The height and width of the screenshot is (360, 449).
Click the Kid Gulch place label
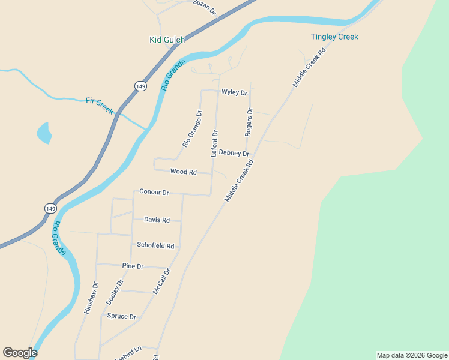[167, 40]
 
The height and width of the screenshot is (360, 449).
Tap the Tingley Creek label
[334, 37]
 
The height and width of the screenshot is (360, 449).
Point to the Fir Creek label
[100, 106]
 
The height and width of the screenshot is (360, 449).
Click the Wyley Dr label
[234, 92]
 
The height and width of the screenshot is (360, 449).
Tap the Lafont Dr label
[214, 143]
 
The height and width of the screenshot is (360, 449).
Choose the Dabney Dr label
[234, 153]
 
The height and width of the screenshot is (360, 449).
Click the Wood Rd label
[184, 172]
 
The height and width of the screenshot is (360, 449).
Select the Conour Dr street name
[154, 192]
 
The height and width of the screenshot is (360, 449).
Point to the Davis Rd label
[157, 220]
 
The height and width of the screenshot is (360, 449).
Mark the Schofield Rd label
[155, 245]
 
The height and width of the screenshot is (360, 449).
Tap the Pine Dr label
[133, 266]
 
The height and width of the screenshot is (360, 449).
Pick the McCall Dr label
[161, 280]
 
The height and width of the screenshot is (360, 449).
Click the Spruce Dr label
[121, 316]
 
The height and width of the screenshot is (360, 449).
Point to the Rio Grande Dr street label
[193, 128]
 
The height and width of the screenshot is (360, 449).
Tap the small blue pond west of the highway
[44, 133]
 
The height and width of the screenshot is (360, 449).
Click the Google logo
[20, 353]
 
